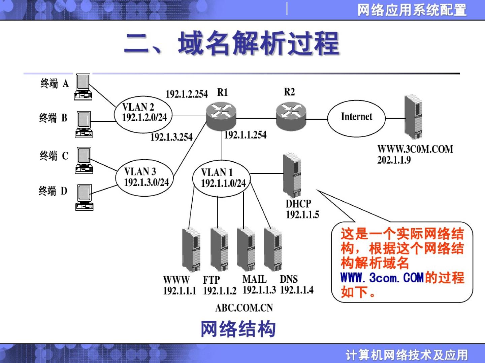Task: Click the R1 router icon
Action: (221, 115)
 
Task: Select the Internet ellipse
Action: (356, 118)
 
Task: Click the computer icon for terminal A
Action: (83, 87)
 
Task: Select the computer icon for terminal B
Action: (83, 124)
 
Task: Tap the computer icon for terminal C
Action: (84, 160)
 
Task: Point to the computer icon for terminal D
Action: (84, 197)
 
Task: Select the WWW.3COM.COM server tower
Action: (413, 117)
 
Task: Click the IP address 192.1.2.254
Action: (187, 94)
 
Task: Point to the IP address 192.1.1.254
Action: (245, 135)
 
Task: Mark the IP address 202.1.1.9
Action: (394, 160)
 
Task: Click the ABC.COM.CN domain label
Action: (244, 308)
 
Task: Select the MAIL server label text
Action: (254, 279)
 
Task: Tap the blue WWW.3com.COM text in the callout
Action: (382, 278)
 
